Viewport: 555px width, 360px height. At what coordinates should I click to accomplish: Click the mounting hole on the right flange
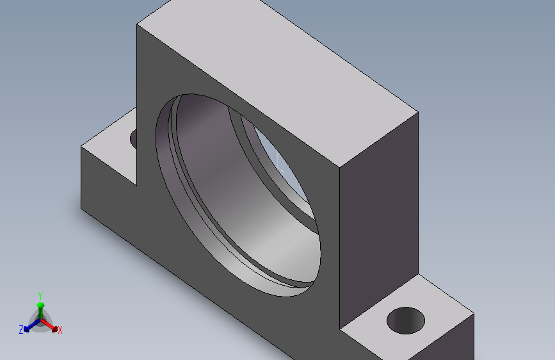coord(406,320)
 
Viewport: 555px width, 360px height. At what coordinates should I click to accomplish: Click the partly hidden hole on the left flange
coord(133,139)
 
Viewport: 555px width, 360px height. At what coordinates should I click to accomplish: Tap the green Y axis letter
coord(40,295)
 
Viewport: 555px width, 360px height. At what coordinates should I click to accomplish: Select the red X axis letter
coord(60,331)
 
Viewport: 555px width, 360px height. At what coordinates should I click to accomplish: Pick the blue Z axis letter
coord(21,330)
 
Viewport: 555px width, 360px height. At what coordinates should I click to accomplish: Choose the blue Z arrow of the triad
coord(32,326)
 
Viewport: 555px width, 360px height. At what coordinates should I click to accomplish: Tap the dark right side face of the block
coord(379,220)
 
